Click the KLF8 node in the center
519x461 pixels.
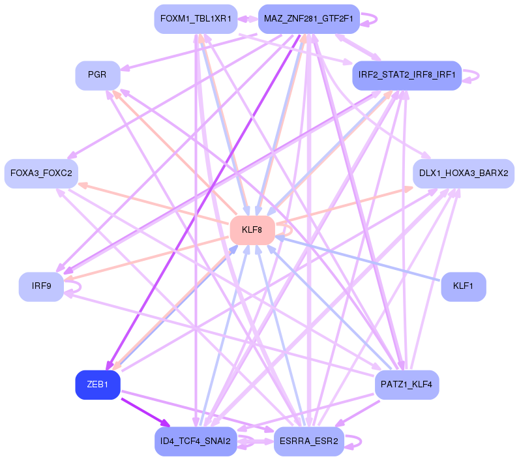coord(252,230)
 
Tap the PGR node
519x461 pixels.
coord(98,76)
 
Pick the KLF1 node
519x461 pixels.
coord(464,287)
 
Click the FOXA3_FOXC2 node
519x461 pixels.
coord(42,173)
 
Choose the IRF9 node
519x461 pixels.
coord(41,287)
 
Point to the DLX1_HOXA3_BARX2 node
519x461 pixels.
coord(464,173)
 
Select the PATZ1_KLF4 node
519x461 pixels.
coord(406,385)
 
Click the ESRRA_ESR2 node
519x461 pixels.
coord(308,441)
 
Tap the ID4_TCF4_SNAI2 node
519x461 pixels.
coord(196,441)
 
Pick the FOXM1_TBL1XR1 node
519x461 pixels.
coord(196,19)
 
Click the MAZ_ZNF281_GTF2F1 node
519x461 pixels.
coord(309,19)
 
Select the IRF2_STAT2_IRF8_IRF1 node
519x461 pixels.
coord(407,76)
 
